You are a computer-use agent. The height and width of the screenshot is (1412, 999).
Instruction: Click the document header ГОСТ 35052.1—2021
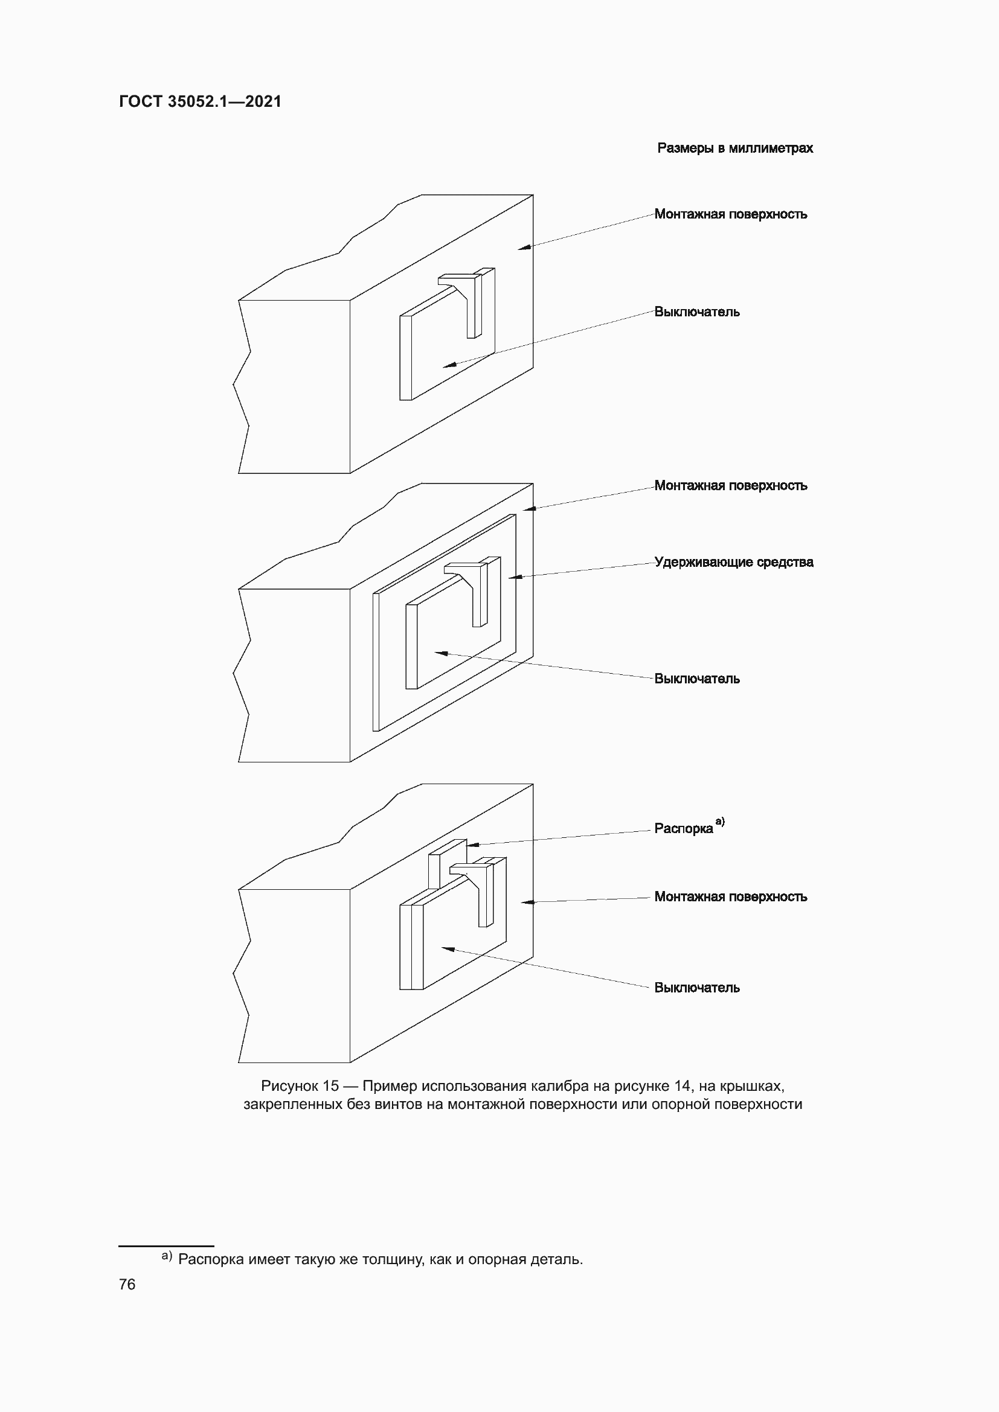coord(200,101)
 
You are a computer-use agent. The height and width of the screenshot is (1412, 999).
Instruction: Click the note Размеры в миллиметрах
coord(734,149)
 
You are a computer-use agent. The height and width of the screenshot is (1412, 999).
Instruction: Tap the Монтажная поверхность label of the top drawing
coord(730,214)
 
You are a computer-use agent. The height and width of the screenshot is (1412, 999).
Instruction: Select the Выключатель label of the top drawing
coord(696,311)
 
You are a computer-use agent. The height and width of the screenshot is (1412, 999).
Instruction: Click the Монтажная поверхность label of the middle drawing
coord(730,485)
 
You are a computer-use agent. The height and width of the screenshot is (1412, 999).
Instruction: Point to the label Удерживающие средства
coord(733,561)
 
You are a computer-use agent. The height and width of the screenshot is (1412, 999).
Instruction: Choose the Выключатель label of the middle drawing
coord(696,679)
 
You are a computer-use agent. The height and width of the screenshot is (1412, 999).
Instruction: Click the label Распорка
coord(683,828)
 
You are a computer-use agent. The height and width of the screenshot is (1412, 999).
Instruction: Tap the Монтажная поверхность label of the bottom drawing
coord(730,896)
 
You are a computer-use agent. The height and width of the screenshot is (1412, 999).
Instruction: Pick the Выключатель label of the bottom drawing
coord(696,987)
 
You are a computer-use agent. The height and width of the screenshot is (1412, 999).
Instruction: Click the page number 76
coord(127,1284)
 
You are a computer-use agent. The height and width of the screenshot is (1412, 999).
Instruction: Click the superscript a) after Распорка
coord(720,821)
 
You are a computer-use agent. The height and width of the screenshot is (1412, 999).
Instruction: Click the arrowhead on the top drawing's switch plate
coord(448,365)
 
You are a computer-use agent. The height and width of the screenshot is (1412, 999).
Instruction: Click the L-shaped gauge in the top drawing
coord(471,301)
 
